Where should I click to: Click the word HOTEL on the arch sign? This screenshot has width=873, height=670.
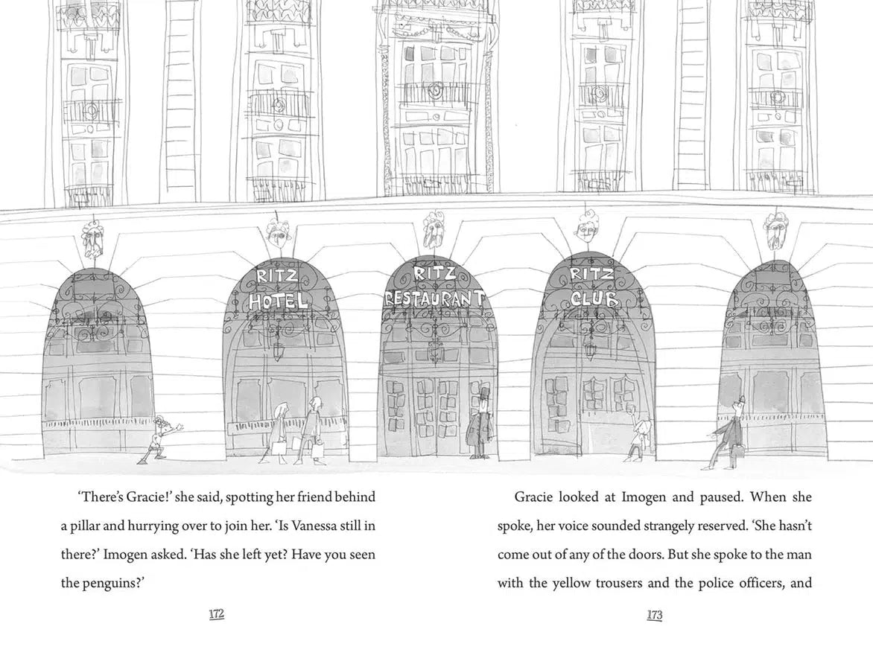(x=279, y=301)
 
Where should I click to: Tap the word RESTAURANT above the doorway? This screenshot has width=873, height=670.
(x=434, y=299)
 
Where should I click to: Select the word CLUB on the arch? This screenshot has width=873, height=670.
(x=594, y=299)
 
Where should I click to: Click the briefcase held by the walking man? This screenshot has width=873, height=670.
(x=739, y=451)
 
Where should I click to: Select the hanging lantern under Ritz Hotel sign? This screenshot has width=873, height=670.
(x=278, y=350)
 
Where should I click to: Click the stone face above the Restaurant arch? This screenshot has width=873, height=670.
(x=433, y=229)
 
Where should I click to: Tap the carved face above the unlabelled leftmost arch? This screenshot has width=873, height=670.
(x=92, y=239)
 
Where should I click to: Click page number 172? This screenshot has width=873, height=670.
(x=216, y=614)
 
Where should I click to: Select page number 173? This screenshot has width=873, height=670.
(x=655, y=615)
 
